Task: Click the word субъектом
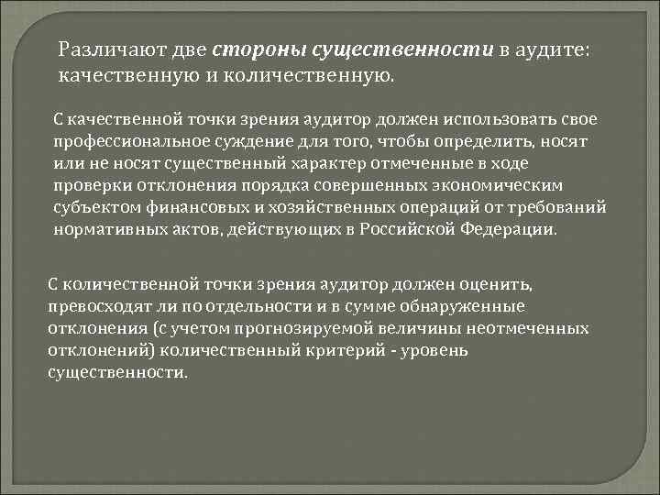[x=93, y=209]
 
